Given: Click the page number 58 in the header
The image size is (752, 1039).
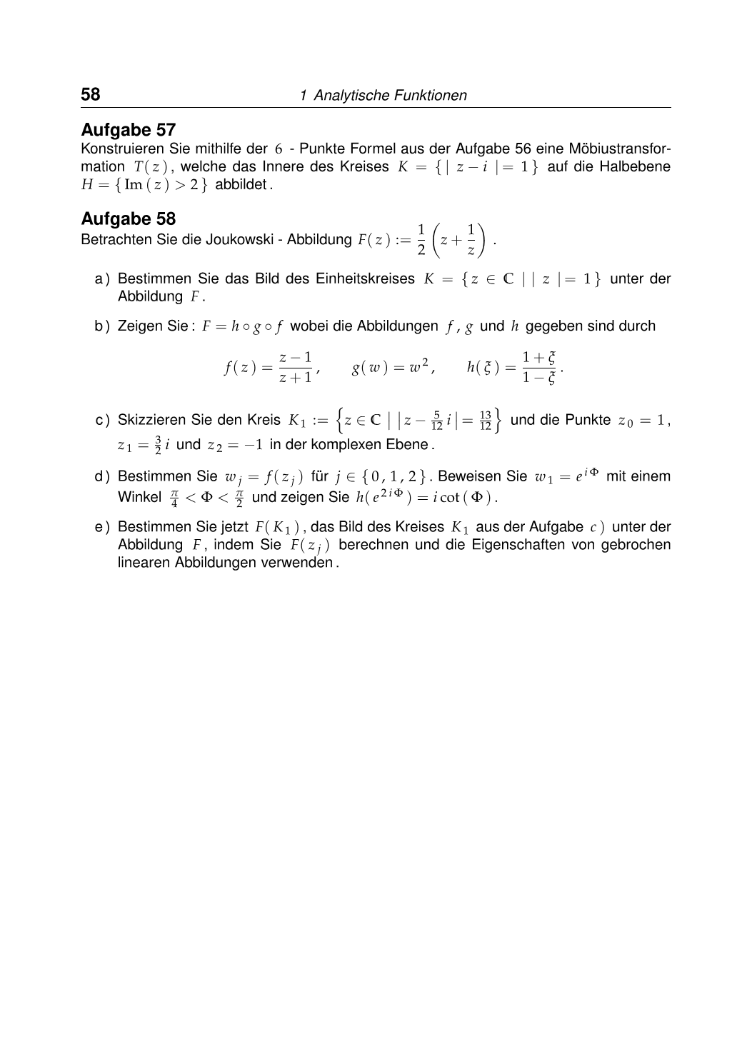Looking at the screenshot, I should [x=91, y=94].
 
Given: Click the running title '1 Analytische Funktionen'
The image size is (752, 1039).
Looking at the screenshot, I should [x=383, y=96].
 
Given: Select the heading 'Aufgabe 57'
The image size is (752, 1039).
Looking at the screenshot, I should [x=129, y=130].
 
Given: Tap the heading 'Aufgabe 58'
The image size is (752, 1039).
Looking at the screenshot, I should [x=129, y=219].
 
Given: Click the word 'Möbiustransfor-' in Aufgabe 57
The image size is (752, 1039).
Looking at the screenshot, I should [x=619, y=149].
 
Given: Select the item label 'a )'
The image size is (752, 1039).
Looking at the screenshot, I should [x=103, y=278].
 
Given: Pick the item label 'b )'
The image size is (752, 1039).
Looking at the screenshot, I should [x=103, y=326].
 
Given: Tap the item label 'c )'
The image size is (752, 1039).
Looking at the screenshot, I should [x=103, y=420].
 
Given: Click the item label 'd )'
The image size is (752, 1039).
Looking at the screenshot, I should [x=103, y=476].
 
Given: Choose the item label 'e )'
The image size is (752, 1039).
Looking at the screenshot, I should [x=103, y=527].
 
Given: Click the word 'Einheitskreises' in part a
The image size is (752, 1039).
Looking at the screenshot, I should [x=365, y=278].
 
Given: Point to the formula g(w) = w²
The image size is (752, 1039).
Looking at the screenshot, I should [x=392, y=367].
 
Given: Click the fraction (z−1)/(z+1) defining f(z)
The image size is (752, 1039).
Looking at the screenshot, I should [x=296, y=367].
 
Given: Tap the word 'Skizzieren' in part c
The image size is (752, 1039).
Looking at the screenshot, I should [x=151, y=420].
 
